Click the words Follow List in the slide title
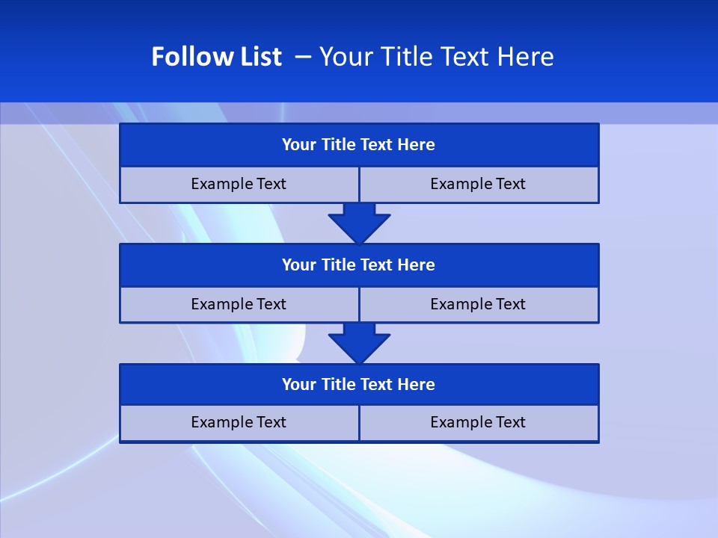pos(216,57)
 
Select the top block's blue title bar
pos(359,145)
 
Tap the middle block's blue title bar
pos(359,265)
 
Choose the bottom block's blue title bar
pos(359,384)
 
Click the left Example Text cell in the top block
pos(239,184)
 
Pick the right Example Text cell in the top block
pos(478,184)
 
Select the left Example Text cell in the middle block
pos(239,304)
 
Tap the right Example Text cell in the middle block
pos(478,304)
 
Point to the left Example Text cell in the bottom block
pos(239,422)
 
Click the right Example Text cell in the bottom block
pos(478,422)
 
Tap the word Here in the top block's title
pos(416,145)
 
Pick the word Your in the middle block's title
pos(299,265)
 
